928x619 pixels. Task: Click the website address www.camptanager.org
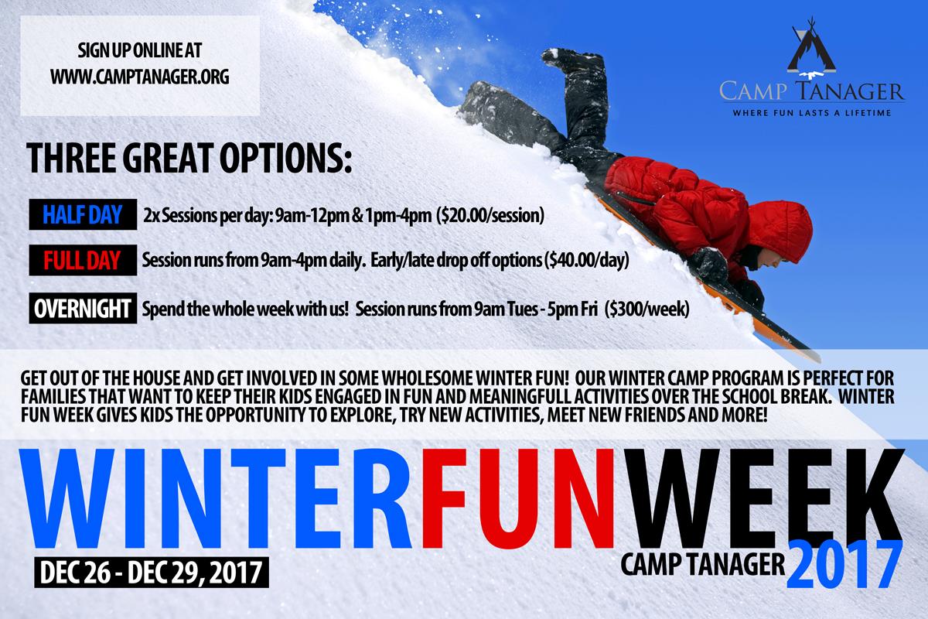140,77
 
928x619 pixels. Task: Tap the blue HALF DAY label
83,214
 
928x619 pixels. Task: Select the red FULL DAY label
83,261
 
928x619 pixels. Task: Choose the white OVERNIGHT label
83,309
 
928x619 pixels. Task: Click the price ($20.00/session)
490,216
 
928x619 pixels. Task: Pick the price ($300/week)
647,309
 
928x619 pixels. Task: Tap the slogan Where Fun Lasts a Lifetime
812,113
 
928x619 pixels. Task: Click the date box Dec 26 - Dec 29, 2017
152,572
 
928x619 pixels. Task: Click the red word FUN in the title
518,499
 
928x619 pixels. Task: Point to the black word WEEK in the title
763,499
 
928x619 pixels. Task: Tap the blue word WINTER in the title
216,499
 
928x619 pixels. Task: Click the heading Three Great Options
189,158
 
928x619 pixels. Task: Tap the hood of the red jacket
781,231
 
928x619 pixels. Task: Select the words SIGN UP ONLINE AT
140,50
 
